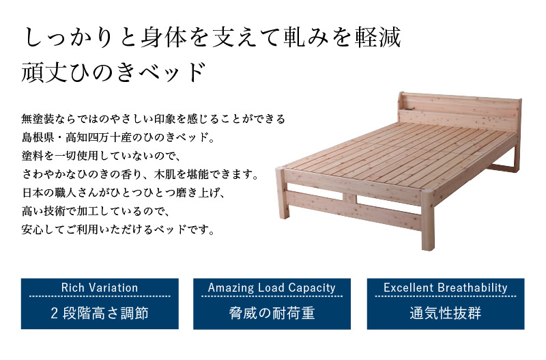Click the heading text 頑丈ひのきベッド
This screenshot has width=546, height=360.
pyautogui.click(x=113, y=72)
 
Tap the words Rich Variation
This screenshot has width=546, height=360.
pyautogui.click(x=100, y=288)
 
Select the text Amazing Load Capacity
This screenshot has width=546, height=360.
pyautogui.click(x=272, y=288)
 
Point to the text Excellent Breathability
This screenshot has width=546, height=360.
pyautogui.click(x=446, y=288)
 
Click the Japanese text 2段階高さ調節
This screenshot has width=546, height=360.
pyautogui.click(x=100, y=313)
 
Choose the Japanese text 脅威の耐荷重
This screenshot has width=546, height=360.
pyautogui.click(x=272, y=313)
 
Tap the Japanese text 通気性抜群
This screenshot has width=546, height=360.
pyautogui.click(x=446, y=313)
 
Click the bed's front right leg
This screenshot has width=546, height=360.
pyautogui.click(x=428, y=220)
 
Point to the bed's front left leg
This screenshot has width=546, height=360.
pyautogui.click(x=283, y=193)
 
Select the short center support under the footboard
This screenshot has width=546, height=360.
pyautogui.click(x=349, y=198)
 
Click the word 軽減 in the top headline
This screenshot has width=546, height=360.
pyautogui.click(x=378, y=38)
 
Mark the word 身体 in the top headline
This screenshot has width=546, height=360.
pyautogui.click(x=164, y=38)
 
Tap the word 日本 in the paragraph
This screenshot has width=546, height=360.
pyautogui.click(x=32, y=193)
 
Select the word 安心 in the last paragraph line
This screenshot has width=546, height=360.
pyautogui.click(x=32, y=230)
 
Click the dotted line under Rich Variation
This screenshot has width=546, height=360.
pyautogui.click(x=100, y=296)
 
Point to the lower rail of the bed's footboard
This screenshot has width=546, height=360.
pyautogui.click(x=354, y=211)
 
